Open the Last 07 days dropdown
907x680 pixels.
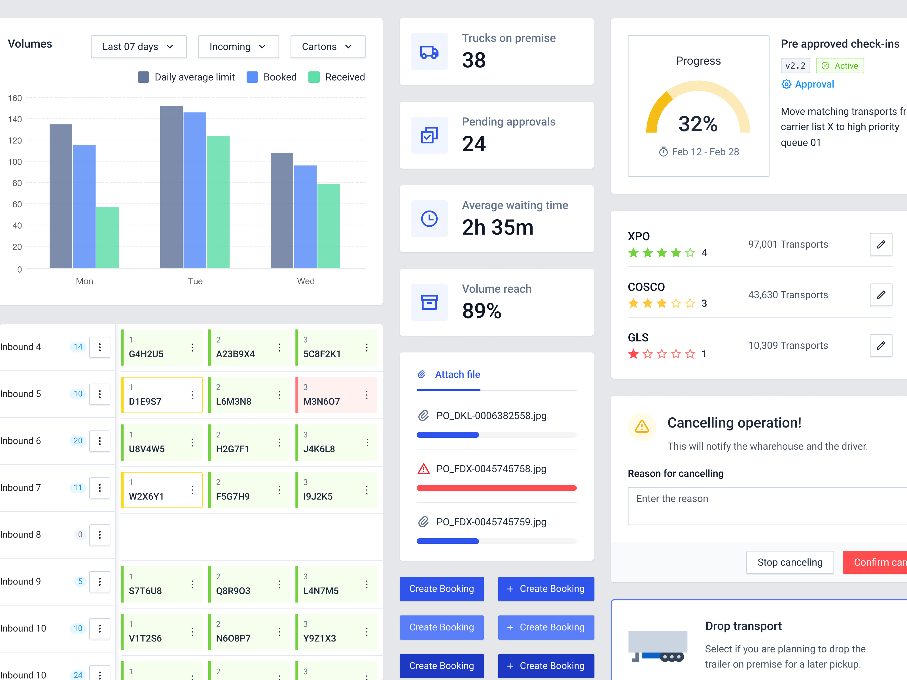[x=138, y=47]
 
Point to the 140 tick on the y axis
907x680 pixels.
[x=15, y=119]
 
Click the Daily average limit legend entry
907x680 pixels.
[x=186, y=77]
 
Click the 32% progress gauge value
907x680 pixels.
[x=698, y=124]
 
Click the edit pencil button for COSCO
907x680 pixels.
[x=880, y=295]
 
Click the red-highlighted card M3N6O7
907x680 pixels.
[x=336, y=395]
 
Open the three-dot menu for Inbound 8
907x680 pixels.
[x=100, y=534]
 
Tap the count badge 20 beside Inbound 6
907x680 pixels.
[x=78, y=441]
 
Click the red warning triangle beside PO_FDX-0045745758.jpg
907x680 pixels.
[x=423, y=469]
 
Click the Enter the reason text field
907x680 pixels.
[x=767, y=506]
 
